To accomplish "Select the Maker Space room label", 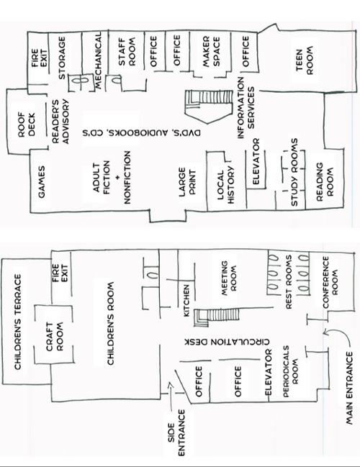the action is click(211, 51).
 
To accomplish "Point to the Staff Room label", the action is click(127, 51).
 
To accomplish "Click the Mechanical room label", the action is click(99, 60).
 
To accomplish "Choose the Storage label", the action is click(62, 58).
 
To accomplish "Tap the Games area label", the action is click(42, 181).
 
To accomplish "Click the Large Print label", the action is click(187, 182).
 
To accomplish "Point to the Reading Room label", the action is click(325, 181).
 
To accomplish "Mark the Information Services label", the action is click(246, 108).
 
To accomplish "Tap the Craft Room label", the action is click(55, 336).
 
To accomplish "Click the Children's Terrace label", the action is click(18, 322).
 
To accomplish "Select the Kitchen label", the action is click(186, 301).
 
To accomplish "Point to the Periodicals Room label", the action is click(290, 371).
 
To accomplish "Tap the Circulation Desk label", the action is click(227, 342).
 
